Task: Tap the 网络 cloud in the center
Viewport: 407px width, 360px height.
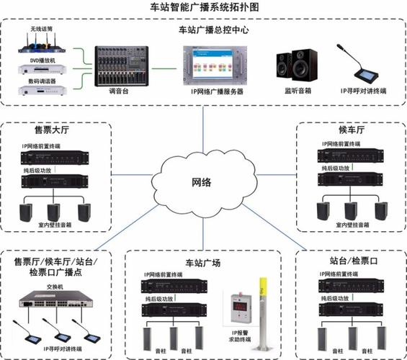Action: pos(201,181)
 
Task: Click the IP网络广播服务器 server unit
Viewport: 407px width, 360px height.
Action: pos(217,66)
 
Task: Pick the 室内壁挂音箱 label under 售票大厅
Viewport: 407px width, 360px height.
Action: pos(55,225)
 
